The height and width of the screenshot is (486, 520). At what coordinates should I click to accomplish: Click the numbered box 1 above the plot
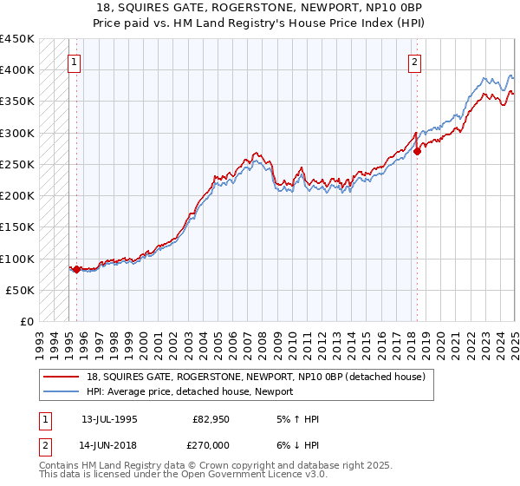(x=75, y=62)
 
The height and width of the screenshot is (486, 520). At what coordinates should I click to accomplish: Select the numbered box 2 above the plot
(x=415, y=62)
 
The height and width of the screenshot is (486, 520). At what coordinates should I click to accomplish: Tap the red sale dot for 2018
(x=417, y=151)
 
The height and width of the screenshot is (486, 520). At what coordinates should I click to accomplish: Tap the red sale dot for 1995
(x=76, y=269)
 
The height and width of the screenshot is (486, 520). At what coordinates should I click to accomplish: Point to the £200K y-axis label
(x=17, y=195)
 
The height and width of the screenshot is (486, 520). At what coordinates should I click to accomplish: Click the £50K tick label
(x=21, y=290)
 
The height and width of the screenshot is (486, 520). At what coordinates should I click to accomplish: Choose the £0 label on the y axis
(x=27, y=321)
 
